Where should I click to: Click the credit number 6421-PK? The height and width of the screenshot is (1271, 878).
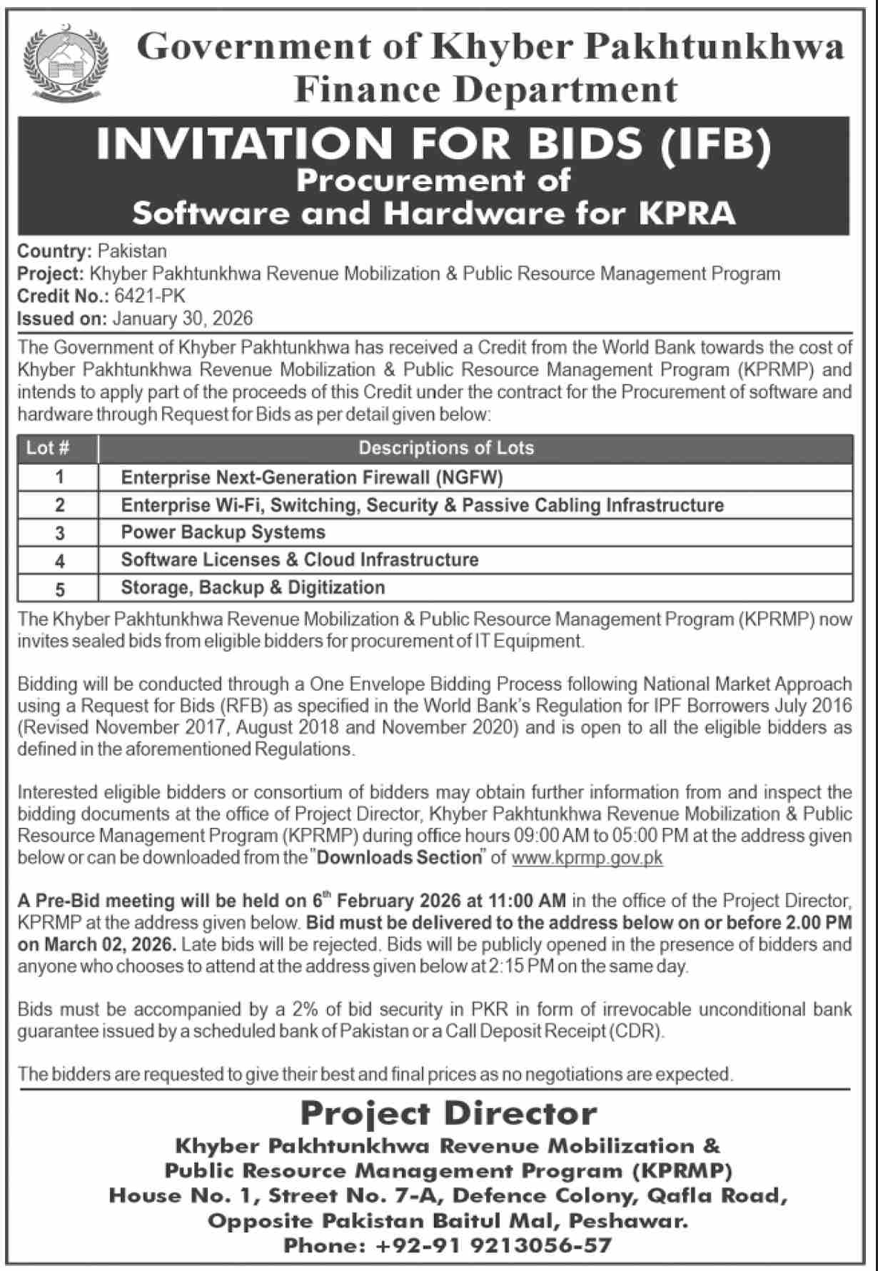[154, 295]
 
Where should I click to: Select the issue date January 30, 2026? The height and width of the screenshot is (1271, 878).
[182, 318]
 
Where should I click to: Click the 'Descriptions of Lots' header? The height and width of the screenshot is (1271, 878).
[446, 448]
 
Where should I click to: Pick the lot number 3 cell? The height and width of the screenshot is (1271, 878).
[60, 532]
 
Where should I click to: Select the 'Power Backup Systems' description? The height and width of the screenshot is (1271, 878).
[223, 532]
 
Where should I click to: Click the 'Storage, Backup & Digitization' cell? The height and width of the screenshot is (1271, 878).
[253, 587]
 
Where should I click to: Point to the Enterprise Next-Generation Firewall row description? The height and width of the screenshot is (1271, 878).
[312, 477]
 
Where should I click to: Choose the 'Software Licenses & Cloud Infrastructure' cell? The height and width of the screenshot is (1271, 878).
[300, 559]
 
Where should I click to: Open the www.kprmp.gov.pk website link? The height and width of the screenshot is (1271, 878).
[587, 857]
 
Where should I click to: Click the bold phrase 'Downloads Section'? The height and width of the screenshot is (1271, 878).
[399, 857]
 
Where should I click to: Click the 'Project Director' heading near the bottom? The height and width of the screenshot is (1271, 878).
[448, 1113]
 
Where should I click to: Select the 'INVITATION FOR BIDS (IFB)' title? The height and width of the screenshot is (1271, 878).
[434, 143]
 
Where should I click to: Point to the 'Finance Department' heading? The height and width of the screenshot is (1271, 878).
[485, 90]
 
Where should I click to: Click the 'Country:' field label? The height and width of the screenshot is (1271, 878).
[55, 251]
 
